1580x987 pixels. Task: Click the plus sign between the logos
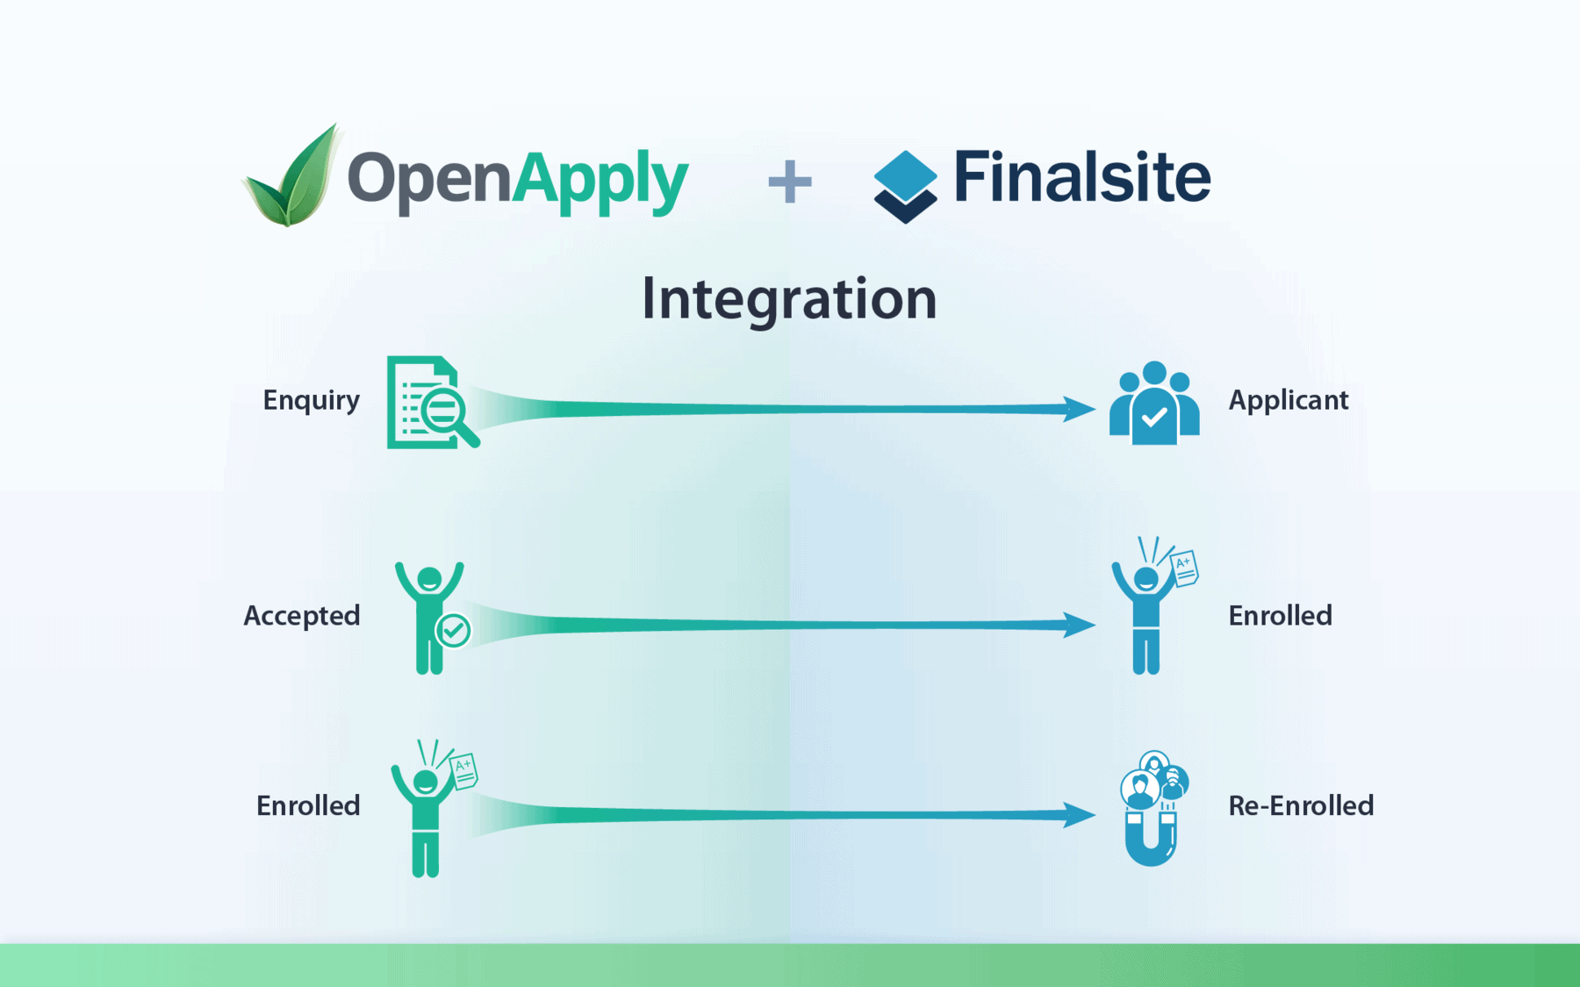(x=789, y=182)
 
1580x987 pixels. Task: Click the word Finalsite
(x=1081, y=177)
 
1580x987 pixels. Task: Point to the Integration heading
(x=789, y=299)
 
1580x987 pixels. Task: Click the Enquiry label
(x=311, y=400)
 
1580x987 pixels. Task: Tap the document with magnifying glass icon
(x=431, y=403)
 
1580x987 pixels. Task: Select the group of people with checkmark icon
(x=1153, y=404)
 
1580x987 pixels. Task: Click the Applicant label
(x=1288, y=400)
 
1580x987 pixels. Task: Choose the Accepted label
(x=301, y=616)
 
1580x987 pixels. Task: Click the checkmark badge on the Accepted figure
(x=454, y=630)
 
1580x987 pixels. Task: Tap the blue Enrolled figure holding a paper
(x=1150, y=610)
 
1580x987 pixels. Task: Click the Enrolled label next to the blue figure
(x=1280, y=616)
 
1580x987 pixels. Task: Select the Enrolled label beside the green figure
(x=307, y=805)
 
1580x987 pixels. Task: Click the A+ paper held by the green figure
(x=463, y=770)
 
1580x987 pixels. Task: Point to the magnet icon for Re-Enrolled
(x=1153, y=809)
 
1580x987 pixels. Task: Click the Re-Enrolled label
(x=1300, y=805)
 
